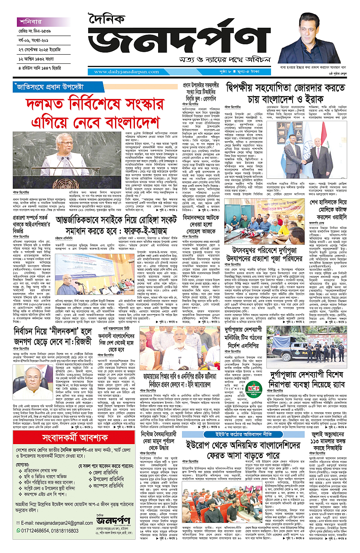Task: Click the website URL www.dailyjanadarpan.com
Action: click(124, 72)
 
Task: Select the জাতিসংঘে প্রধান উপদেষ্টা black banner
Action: click(49, 87)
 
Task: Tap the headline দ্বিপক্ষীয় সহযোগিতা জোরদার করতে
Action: click(286, 89)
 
